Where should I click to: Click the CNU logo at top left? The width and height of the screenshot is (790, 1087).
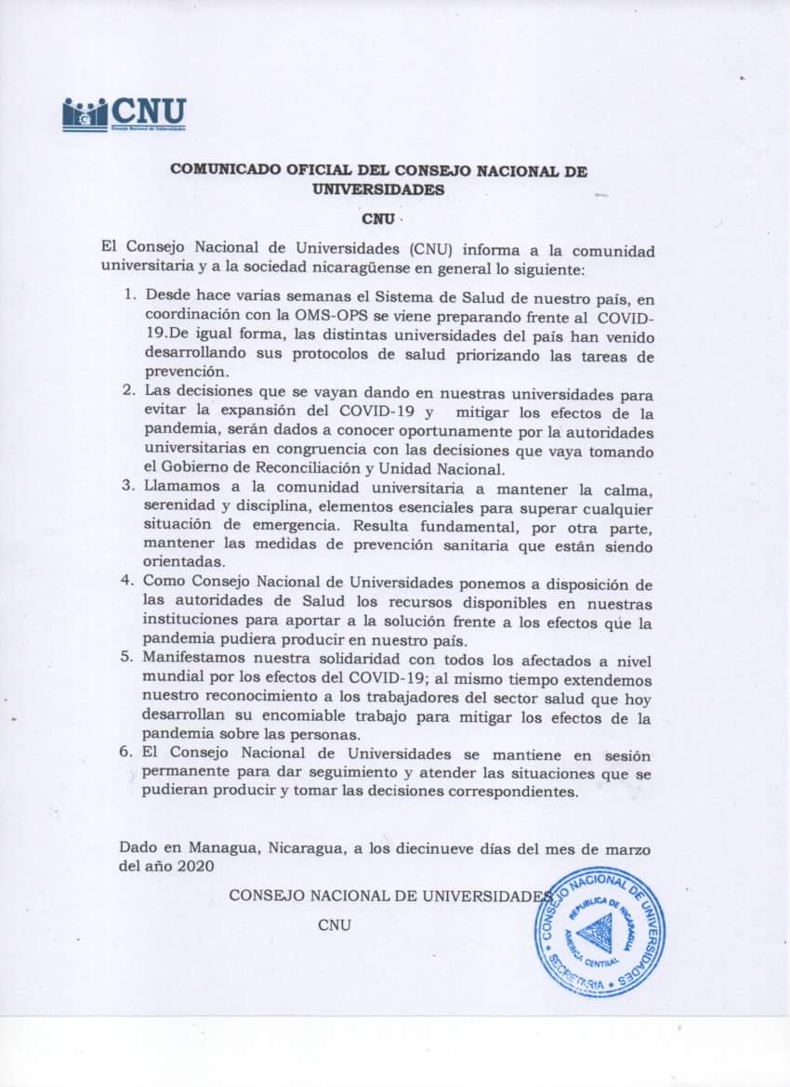[x=124, y=114]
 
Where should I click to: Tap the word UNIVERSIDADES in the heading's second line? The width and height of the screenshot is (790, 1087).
[x=378, y=190]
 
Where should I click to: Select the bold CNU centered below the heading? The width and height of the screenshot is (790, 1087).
[x=378, y=220]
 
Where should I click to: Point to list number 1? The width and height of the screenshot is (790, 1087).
[x=129, y=295]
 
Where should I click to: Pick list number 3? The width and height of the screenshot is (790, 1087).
[x=128, y=485]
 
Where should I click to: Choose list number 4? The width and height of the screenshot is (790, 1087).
[x=128, y=582]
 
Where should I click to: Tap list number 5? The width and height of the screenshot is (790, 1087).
[x=128, y=660]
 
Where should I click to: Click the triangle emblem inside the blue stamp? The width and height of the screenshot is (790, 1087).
[x=594, y=932]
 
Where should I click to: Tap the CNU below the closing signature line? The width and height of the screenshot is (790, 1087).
[x=334, y=924]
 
